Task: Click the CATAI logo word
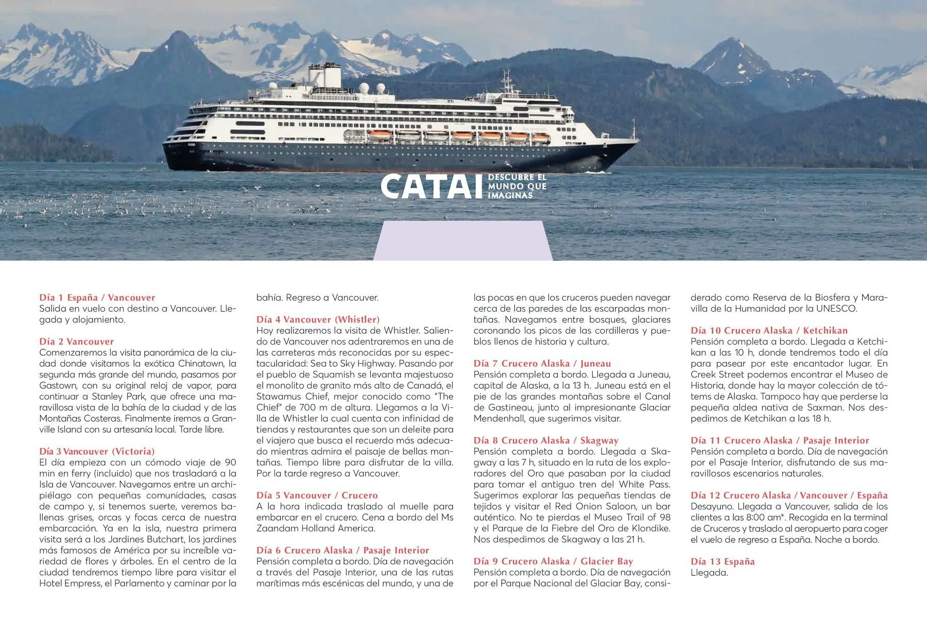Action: (x=427, y=186)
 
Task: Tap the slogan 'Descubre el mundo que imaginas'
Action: (x=517, y=186)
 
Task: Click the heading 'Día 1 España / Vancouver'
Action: (x=97, y=297)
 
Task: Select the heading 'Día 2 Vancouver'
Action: (x=76, y=341)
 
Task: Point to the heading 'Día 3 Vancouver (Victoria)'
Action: (x=97, y=451)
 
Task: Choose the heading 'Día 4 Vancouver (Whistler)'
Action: (x=318, y=319)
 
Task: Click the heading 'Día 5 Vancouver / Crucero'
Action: (x=317, y=495)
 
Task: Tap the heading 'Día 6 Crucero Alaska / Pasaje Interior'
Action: (x=342, y=550)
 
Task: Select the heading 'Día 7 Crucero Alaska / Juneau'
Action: (x=542, y=363)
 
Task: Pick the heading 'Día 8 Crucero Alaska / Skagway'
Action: (x=545, y=440)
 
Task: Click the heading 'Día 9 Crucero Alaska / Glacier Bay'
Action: (x=553, y=561)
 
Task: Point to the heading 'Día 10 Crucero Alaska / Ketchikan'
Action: (x=769, y=330)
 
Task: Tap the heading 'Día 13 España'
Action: (x=722, y=561)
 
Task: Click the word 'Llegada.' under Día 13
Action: (x=709, y=573)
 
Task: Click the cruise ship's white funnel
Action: (x=325, y=75)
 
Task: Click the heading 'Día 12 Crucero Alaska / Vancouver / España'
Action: (x=789, y=495)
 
